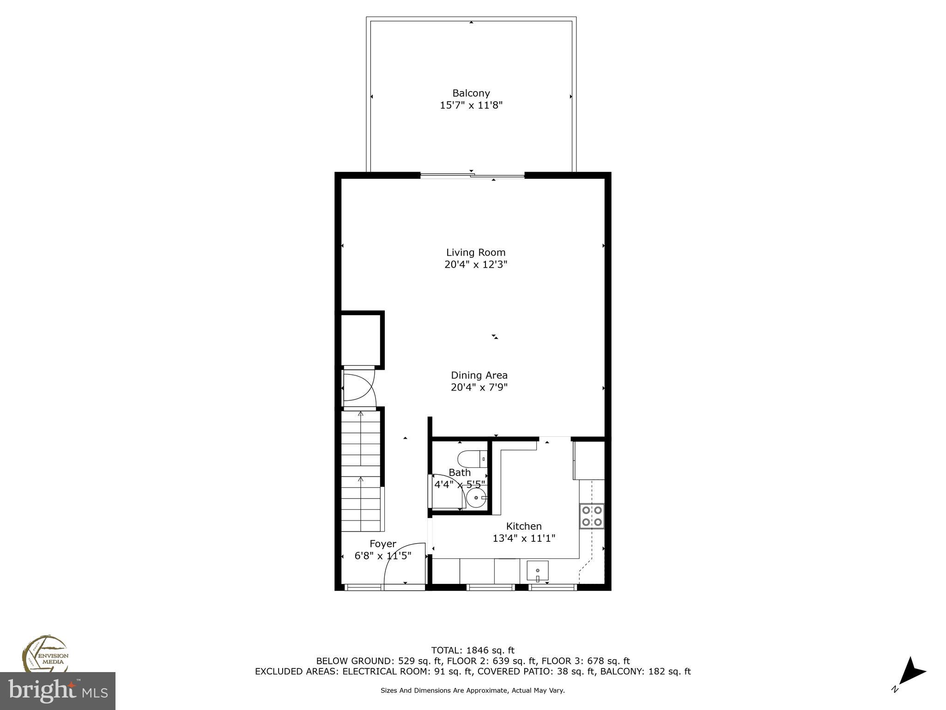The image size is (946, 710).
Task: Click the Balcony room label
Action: point(471,93)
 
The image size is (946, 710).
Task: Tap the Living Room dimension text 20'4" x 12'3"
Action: point(476,264)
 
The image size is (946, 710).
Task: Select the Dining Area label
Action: point(479,375)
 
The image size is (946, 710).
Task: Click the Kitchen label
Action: point(524,526)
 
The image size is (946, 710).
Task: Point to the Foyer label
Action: point(382,544)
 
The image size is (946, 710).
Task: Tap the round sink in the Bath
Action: point(476,498)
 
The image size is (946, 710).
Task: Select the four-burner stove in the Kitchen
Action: point(592,516)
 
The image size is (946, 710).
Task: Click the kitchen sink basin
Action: point(538,571)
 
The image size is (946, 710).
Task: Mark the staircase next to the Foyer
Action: point(361,471)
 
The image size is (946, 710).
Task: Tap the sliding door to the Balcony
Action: point(472,175)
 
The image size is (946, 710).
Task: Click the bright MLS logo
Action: point(57,691)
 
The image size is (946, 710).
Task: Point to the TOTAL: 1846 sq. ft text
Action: point(473,650)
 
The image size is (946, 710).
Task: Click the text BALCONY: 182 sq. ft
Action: point(645,672)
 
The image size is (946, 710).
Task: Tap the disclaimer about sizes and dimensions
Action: point(473,691)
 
